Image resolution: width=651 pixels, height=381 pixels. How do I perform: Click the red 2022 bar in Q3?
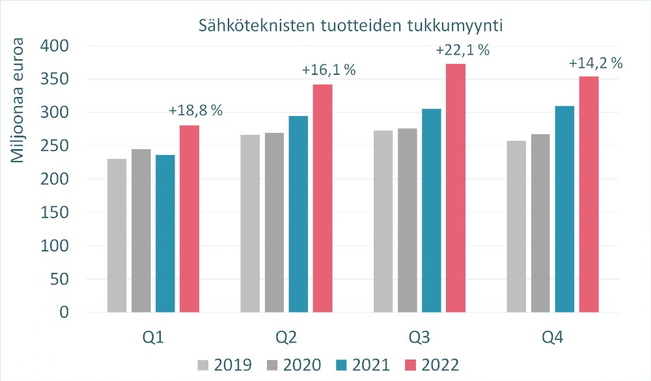point(456,188)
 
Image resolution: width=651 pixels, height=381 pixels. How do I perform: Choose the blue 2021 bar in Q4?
point(564,209)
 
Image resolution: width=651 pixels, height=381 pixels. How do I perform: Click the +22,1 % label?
point(463,50)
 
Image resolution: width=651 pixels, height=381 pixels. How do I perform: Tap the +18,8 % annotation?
point(196,111)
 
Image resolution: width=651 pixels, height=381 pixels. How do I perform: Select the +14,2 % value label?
point(596,64)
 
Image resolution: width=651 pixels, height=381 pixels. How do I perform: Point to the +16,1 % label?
point(329,70)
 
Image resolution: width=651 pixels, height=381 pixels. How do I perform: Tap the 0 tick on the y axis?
point(63,313)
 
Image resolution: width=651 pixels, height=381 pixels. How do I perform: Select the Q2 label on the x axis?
point(286,337)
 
